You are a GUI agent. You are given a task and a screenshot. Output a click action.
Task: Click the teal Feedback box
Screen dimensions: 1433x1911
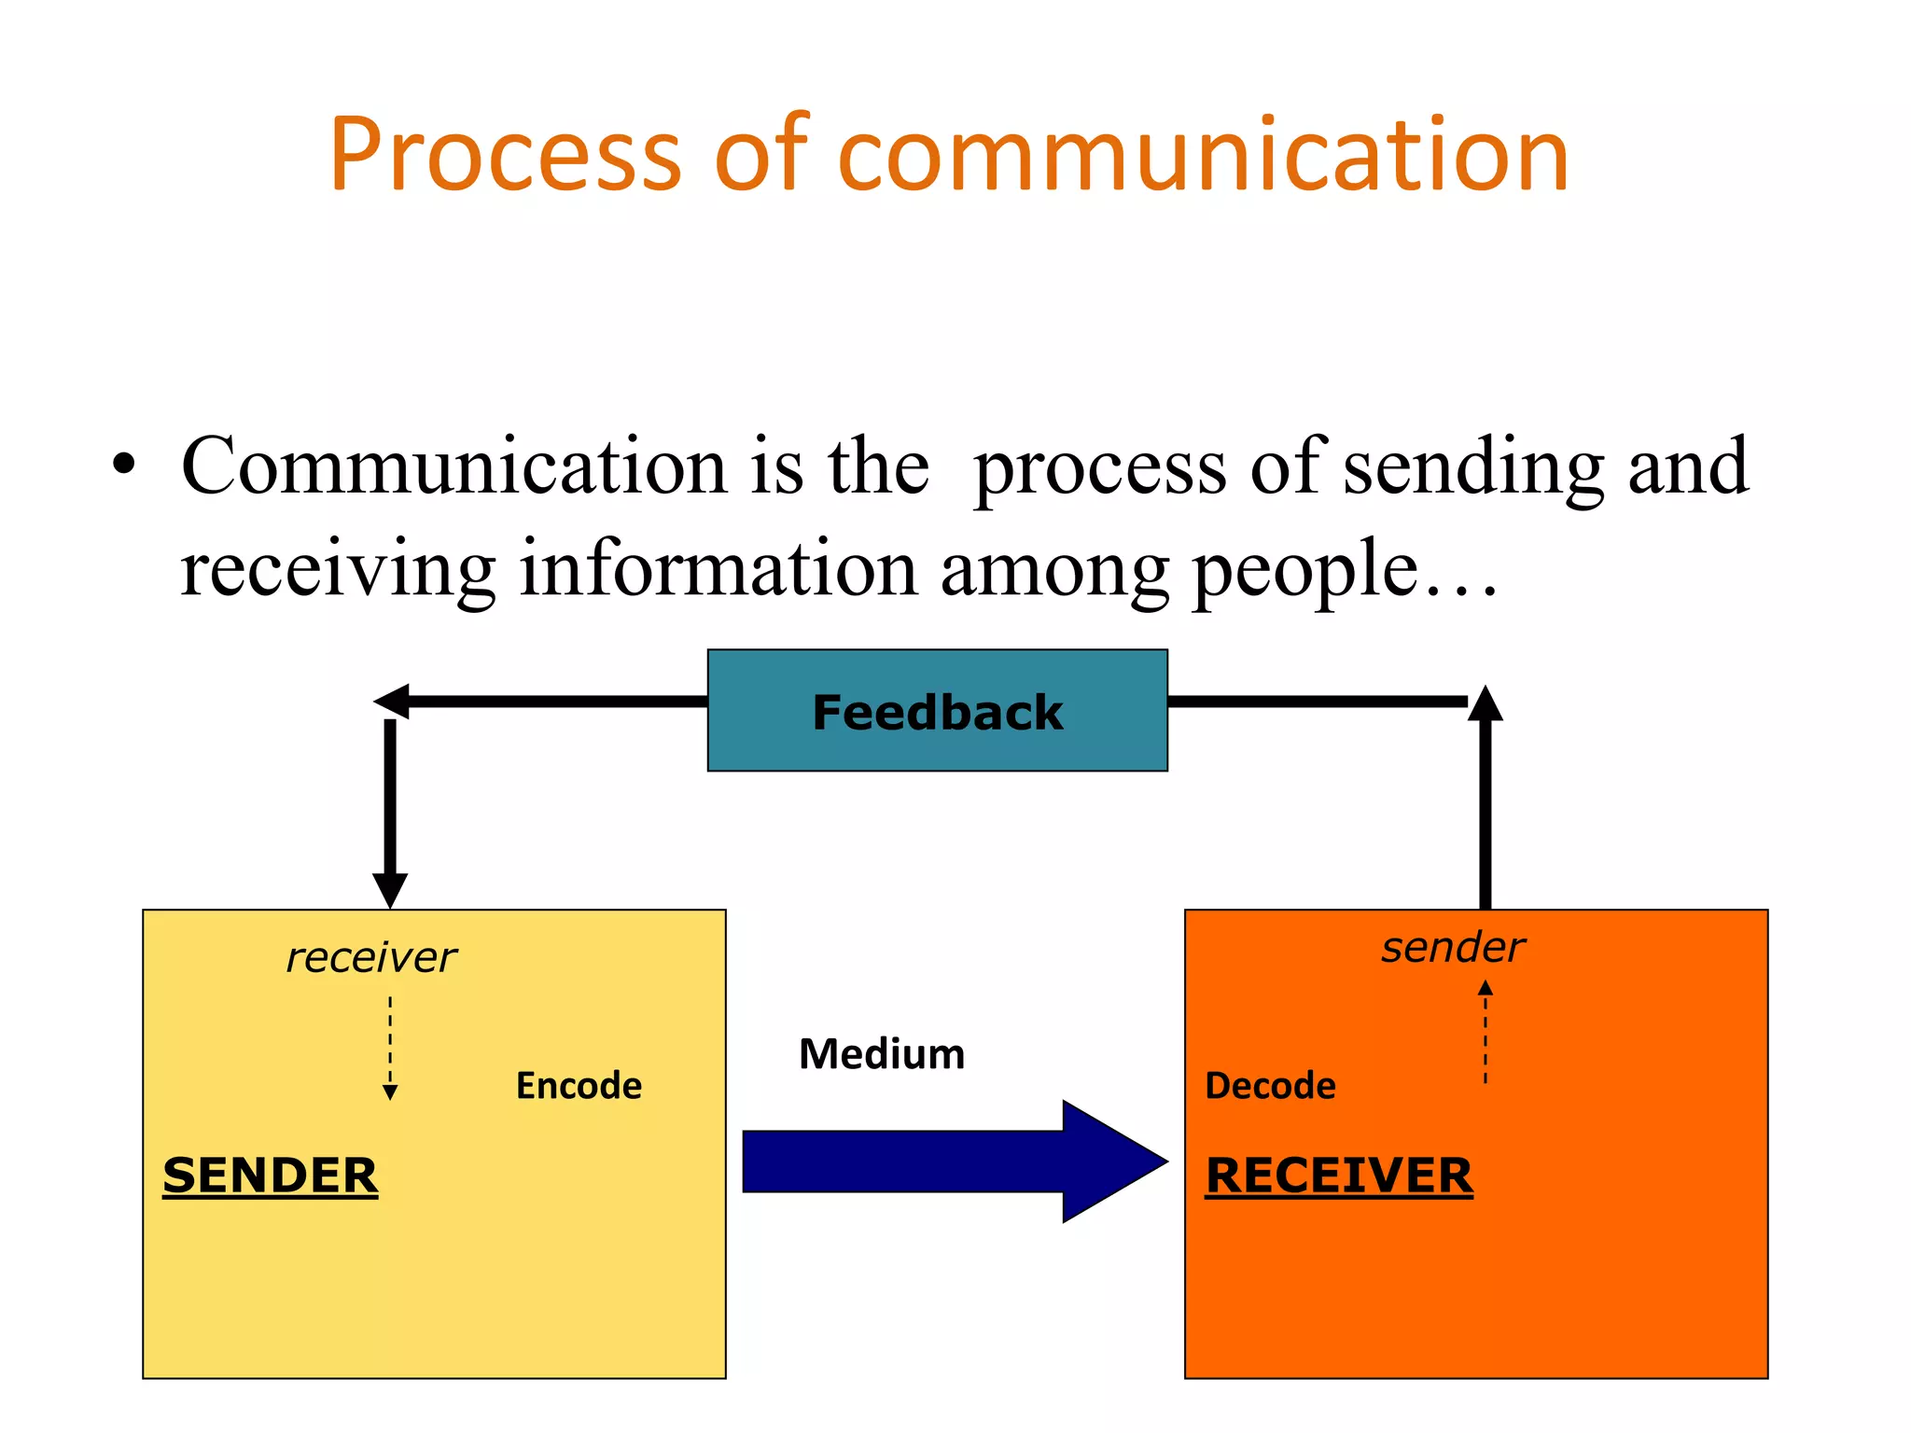click(937, 711)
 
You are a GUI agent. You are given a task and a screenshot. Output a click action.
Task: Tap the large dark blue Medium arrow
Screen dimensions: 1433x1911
click(952, 1162)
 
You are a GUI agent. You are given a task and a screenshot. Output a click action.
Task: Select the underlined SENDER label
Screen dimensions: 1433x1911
click(270, 1175)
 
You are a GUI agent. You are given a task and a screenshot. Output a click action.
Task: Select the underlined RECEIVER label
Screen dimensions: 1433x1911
click(1338, 1175)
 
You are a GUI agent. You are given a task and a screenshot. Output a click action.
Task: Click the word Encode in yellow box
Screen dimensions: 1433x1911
click(579, 1086)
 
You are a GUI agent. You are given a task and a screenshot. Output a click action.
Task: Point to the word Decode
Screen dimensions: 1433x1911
click(1270, 1086)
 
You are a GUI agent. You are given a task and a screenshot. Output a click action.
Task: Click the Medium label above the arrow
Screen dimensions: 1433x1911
click(882, 1054)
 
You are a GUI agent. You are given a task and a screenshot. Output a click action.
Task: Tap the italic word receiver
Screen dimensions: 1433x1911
click(371, 958)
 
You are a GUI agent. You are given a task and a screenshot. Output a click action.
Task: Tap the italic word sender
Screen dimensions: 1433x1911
click(1453, 948)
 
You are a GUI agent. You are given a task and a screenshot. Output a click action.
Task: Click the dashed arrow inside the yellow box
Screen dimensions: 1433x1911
click(390, 1047)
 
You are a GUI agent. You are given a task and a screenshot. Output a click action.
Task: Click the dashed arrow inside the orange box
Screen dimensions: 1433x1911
click(1486, 1031)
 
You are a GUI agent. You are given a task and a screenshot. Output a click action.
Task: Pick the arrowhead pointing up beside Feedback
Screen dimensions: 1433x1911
click(1486, 704)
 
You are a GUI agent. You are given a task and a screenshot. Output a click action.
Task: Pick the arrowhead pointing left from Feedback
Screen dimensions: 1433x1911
click(392, 702)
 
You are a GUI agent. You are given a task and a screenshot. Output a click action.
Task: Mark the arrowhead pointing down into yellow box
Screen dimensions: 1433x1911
click(390, 889)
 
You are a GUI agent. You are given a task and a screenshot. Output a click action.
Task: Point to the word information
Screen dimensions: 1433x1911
click(718, 568)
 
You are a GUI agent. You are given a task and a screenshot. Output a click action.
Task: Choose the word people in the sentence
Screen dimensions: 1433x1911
click(1305, 570)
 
